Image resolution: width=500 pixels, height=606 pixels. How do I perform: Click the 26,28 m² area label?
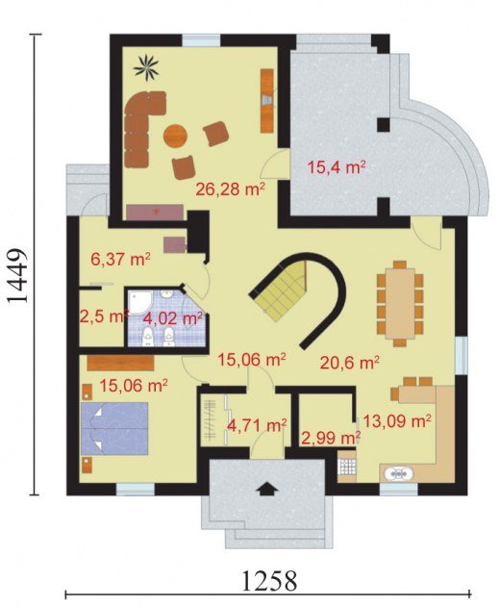(231, 189)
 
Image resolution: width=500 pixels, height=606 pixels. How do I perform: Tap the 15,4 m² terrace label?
(337, 168)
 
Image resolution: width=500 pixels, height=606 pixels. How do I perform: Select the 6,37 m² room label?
(120, 259)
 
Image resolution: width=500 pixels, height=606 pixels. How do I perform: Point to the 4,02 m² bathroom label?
(173, 318)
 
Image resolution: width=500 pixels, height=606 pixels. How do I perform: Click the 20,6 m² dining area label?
(350, 363)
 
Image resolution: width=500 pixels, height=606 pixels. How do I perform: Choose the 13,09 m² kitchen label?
(397, 421)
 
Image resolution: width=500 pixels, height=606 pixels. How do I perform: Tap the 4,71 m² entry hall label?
(257, 425)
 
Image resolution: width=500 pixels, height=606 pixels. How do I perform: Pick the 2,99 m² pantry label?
(331, 439)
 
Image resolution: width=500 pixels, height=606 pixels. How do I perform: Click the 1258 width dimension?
(269, 580)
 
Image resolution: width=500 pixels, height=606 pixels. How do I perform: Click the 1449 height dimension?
(17, 275)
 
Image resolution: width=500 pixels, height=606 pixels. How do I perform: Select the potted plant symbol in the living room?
(146, 67)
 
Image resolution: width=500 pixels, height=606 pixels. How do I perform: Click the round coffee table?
(175, 136)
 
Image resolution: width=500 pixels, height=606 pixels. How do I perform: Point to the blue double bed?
(114, 429)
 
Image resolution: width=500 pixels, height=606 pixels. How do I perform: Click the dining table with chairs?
(400, 303)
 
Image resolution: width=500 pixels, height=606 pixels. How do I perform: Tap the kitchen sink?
(399, 473)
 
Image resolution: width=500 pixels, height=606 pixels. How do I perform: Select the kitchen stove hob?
(346, 467)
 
